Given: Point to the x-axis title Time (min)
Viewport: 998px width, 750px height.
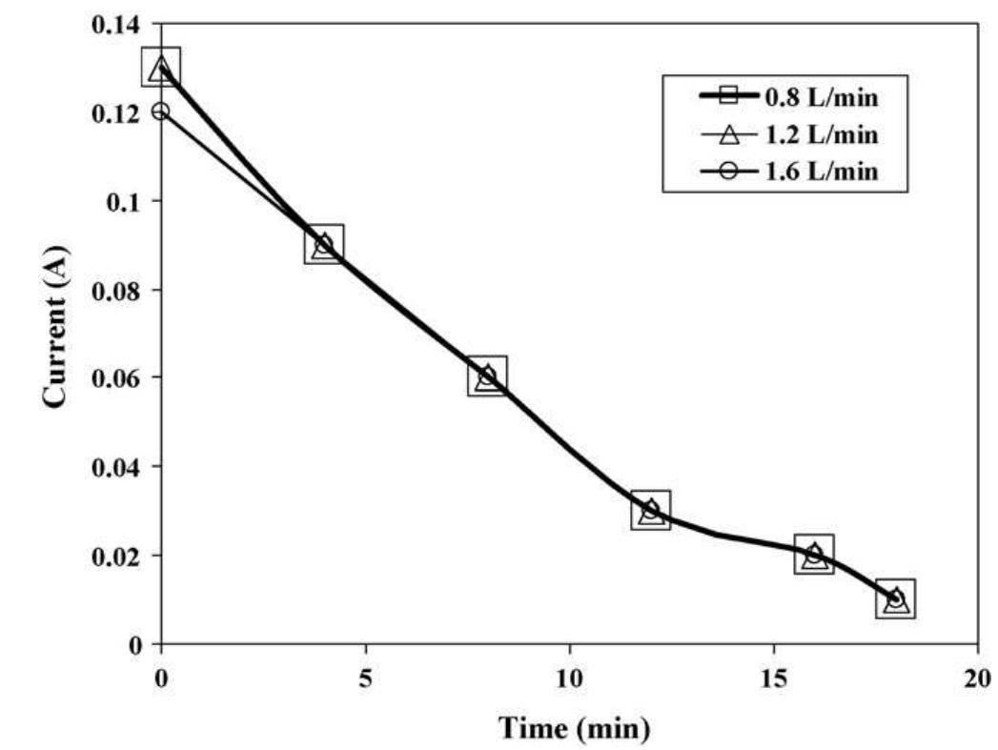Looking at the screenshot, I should coord(576,729).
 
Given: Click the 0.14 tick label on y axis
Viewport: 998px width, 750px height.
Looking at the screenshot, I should coord(114,23).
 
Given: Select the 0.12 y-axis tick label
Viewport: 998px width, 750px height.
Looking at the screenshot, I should coord(114,112).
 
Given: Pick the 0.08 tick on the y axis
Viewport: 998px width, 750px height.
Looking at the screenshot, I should coord(114,290).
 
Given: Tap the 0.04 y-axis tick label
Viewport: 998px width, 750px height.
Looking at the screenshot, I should coord(114,467).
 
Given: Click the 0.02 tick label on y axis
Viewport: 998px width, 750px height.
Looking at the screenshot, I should coord(114,556).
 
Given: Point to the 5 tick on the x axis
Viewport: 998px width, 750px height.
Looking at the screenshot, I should coord(365,675).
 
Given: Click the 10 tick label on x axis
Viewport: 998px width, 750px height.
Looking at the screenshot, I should coord(569,675).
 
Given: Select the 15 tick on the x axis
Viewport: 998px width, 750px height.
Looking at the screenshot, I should coord(774,675).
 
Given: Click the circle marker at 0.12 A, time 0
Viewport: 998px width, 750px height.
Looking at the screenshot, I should coord(161,111).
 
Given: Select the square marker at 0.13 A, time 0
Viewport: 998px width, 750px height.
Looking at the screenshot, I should coord(161,68).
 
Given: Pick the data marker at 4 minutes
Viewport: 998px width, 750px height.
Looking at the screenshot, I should coord(325,245).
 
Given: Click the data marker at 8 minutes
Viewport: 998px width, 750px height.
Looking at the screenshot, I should coord(488,376).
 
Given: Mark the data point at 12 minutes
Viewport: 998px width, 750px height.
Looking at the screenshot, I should coord(651,510).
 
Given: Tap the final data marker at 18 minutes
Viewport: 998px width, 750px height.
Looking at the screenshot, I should coord(896,598).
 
